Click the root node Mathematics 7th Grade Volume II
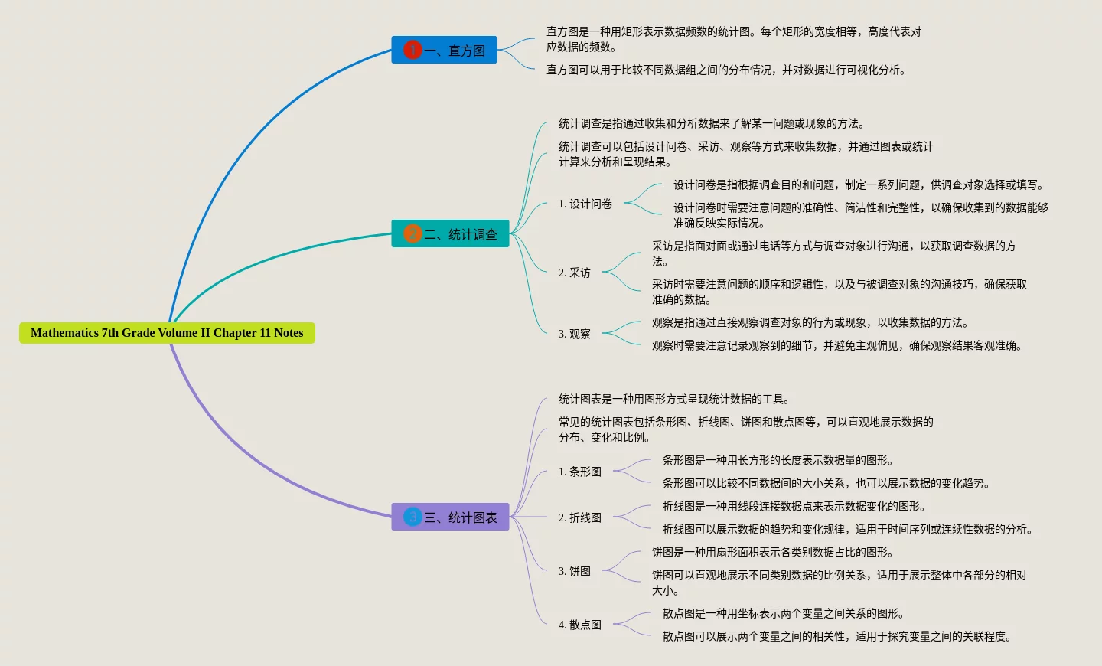[x=167, y=333]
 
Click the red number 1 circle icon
[x=412, y=50]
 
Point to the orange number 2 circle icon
[x=412, y=233]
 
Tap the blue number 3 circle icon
[x=412, y=517]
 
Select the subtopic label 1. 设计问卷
[x=585, y=204]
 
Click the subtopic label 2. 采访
[x=575, y=273]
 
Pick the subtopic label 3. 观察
[x=575, y=334]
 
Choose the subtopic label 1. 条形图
[x=580, y=472]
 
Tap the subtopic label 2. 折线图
[x=580, y=517]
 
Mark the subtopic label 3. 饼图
[x=575, y=571]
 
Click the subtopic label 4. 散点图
[x=580, y=625]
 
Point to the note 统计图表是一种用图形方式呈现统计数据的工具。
[x=674, y=399]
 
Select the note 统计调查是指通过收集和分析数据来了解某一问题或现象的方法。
[x=712, y=123]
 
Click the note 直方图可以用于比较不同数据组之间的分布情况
[x=726, y=70]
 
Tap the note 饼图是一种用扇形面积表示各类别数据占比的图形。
[x=773, y=552]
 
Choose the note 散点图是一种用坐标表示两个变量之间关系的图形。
[x=784, y=613]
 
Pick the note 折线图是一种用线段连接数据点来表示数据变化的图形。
[x=794, y=506]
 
